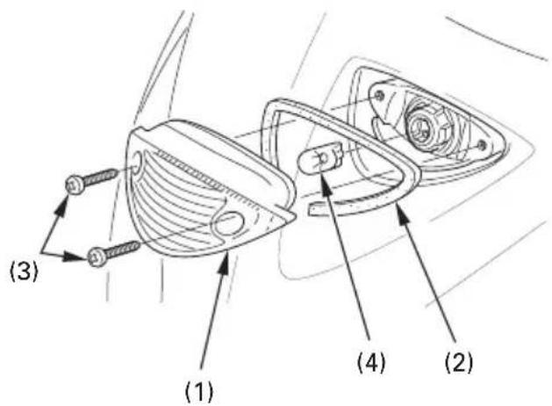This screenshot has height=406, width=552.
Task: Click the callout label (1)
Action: [199, 392]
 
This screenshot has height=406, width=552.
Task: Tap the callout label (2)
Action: [459, 362]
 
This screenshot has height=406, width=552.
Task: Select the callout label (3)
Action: [24, 272]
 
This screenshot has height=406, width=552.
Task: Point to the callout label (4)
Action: [372, 362]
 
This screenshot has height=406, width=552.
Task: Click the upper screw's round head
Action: [75, 184]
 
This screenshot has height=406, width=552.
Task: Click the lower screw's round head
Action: [97, 257]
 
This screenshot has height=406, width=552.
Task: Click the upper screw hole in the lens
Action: [136, 162]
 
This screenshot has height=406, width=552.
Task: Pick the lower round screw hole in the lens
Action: [228, 223]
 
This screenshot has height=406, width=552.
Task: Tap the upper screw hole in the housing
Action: [379, 95]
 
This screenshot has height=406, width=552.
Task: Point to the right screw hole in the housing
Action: [482, 144]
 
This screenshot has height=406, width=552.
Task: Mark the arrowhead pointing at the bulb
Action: [326, 183]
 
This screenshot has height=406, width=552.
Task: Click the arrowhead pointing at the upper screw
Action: [63, 205]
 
